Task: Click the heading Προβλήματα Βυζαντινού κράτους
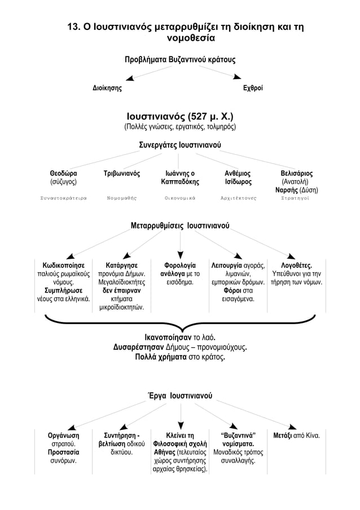pyautogui.click(x=180, y=60)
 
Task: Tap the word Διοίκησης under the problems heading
pyautogui.click(x=107, y=88)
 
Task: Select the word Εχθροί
pyautogui.click(x=253, y=88)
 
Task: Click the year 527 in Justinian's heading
pyautogui.click(x=197, y=116)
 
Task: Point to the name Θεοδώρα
pyautogui.click(x=63, y=173)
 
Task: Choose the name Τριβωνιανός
pyautogui.click(x=122, y=173)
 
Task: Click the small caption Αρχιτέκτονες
pyautogui.click(x=239, y=198)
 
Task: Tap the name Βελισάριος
pyautogui.click(x=297, y=173)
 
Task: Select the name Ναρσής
pyautogui.click(x=287, y=190)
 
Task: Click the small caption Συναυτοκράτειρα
pyautogui.click(x=63, y=198)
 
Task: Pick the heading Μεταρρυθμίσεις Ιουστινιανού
pyautogui.click(x=180, y=226)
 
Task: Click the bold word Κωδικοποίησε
pyautogui.click(x=63, y=265)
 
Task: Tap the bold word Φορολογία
pyautogui.click(x=180, y=265)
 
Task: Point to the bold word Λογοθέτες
pyautogui.click(x=296, y=265)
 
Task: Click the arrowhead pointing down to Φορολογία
pyautogui.click(x=181, y=255)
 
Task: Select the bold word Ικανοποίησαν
pyautogui.click(x=168, y=337)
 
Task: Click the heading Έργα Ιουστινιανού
pyautogui.click(x=180, y=395)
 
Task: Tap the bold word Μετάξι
pyautogui.click(x=282, y=435)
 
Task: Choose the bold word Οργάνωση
pyautogui.click(x=63, y=435)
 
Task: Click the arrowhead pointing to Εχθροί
pyautogui.click(x=238, y=77)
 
